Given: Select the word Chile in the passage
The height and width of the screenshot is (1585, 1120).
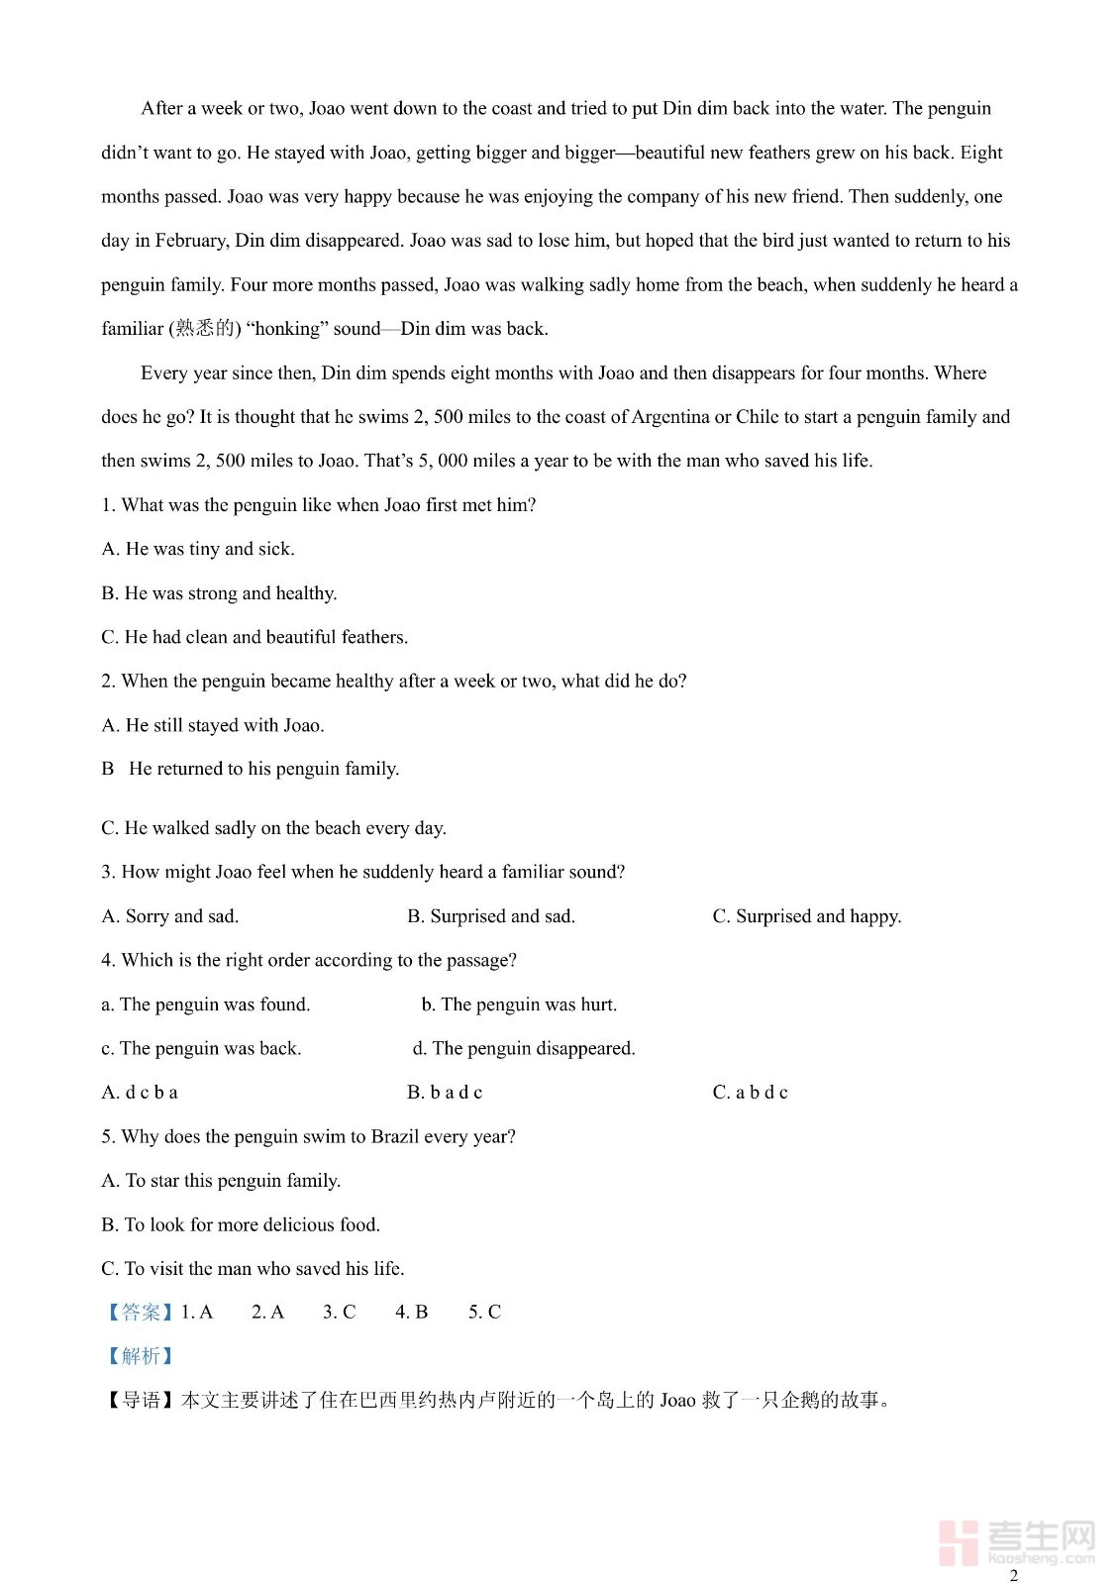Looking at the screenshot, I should [x=758, y=417].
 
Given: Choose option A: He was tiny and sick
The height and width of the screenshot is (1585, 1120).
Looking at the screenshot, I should [x=198, y=549].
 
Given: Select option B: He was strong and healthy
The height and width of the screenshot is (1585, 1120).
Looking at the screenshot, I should [x=219, y=593].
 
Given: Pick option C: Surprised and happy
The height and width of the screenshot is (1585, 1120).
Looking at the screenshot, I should [x=807, y=916].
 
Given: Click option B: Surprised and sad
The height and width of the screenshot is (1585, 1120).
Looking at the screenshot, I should [x=491, y=916].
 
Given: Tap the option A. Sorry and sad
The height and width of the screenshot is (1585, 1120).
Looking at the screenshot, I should [x=170, y=916].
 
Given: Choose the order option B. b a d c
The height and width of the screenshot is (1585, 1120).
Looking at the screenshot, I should [x=445, y=1093].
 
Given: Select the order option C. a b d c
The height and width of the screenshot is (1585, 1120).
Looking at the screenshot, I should [x=751, y=1093].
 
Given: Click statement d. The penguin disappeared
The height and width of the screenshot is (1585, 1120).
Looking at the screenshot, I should [x=524, y=1048].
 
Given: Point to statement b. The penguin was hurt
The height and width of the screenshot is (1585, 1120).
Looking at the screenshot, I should [x=519, y=1004].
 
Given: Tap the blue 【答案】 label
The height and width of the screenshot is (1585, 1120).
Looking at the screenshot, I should [x=139, y=1313].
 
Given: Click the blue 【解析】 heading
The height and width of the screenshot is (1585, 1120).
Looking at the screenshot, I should [x=139, y=1356].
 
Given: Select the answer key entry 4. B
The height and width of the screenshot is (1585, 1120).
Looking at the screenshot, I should [x=412, y=1313].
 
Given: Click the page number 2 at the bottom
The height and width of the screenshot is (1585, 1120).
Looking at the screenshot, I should [x=1013, y=1575].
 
